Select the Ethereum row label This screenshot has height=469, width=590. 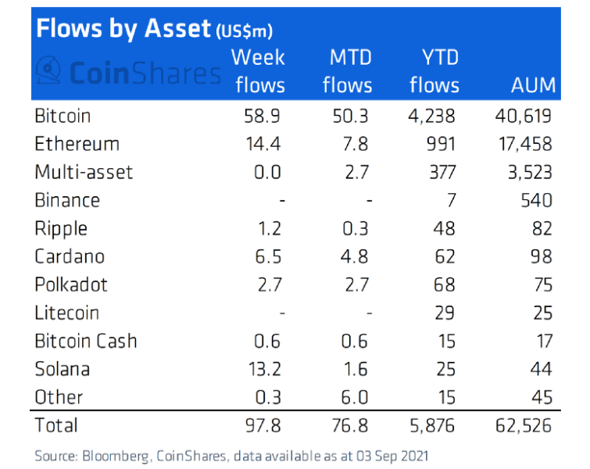pyautogui.click(x=77, y=145)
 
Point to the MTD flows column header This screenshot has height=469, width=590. pyautogui.click(x=348, y=70)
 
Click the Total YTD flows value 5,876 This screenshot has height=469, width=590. pyautogui.click(x=432, y=425)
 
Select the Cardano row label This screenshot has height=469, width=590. pyautogui.click(x=70, y=256)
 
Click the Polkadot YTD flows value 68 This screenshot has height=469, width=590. pyautogui.click(x=445, y=285)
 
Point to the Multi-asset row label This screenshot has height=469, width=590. pyautogui.click(x=84, y=172)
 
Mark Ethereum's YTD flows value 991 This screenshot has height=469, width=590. pyautogui.click(x=439, y=145)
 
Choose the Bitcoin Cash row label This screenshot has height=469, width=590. pyautogui.click(x=85, y=341)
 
